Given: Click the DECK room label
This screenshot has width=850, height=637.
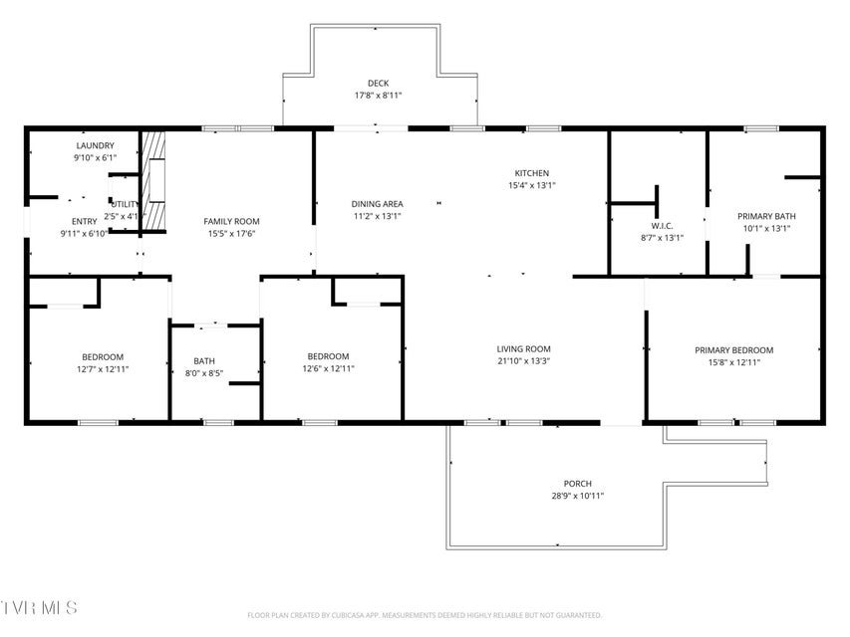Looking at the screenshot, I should coord(378,83).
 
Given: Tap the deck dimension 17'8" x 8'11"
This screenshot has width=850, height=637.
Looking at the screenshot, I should coord(378,96).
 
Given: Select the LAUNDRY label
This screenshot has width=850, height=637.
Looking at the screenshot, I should coord(95,145).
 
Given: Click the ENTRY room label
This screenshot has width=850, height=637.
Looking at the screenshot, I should coord(84,221).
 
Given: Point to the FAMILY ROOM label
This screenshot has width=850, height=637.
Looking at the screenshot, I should coord(231,221).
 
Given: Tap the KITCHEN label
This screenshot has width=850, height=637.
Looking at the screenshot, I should coord(531,172).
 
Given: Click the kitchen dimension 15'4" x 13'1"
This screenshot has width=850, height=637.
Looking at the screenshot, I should coord(531,185).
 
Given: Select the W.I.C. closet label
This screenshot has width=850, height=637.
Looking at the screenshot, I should coord(662,225).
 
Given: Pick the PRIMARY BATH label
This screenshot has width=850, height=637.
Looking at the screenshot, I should coord(765,215).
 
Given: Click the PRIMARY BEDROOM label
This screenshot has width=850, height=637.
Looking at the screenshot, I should coord(733,349).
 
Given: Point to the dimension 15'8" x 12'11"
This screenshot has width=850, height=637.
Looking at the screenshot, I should coord(733,362).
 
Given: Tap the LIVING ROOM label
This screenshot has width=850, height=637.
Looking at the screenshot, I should coord(524,348).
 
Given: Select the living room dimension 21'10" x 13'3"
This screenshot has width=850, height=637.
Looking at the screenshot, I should coord(524,361).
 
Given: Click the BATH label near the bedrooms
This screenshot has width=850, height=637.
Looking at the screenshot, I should coord(204,361).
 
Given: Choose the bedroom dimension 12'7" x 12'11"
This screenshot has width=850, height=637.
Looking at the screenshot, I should coord(103,369).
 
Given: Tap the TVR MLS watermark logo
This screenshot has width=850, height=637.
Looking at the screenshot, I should coord(38,606).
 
